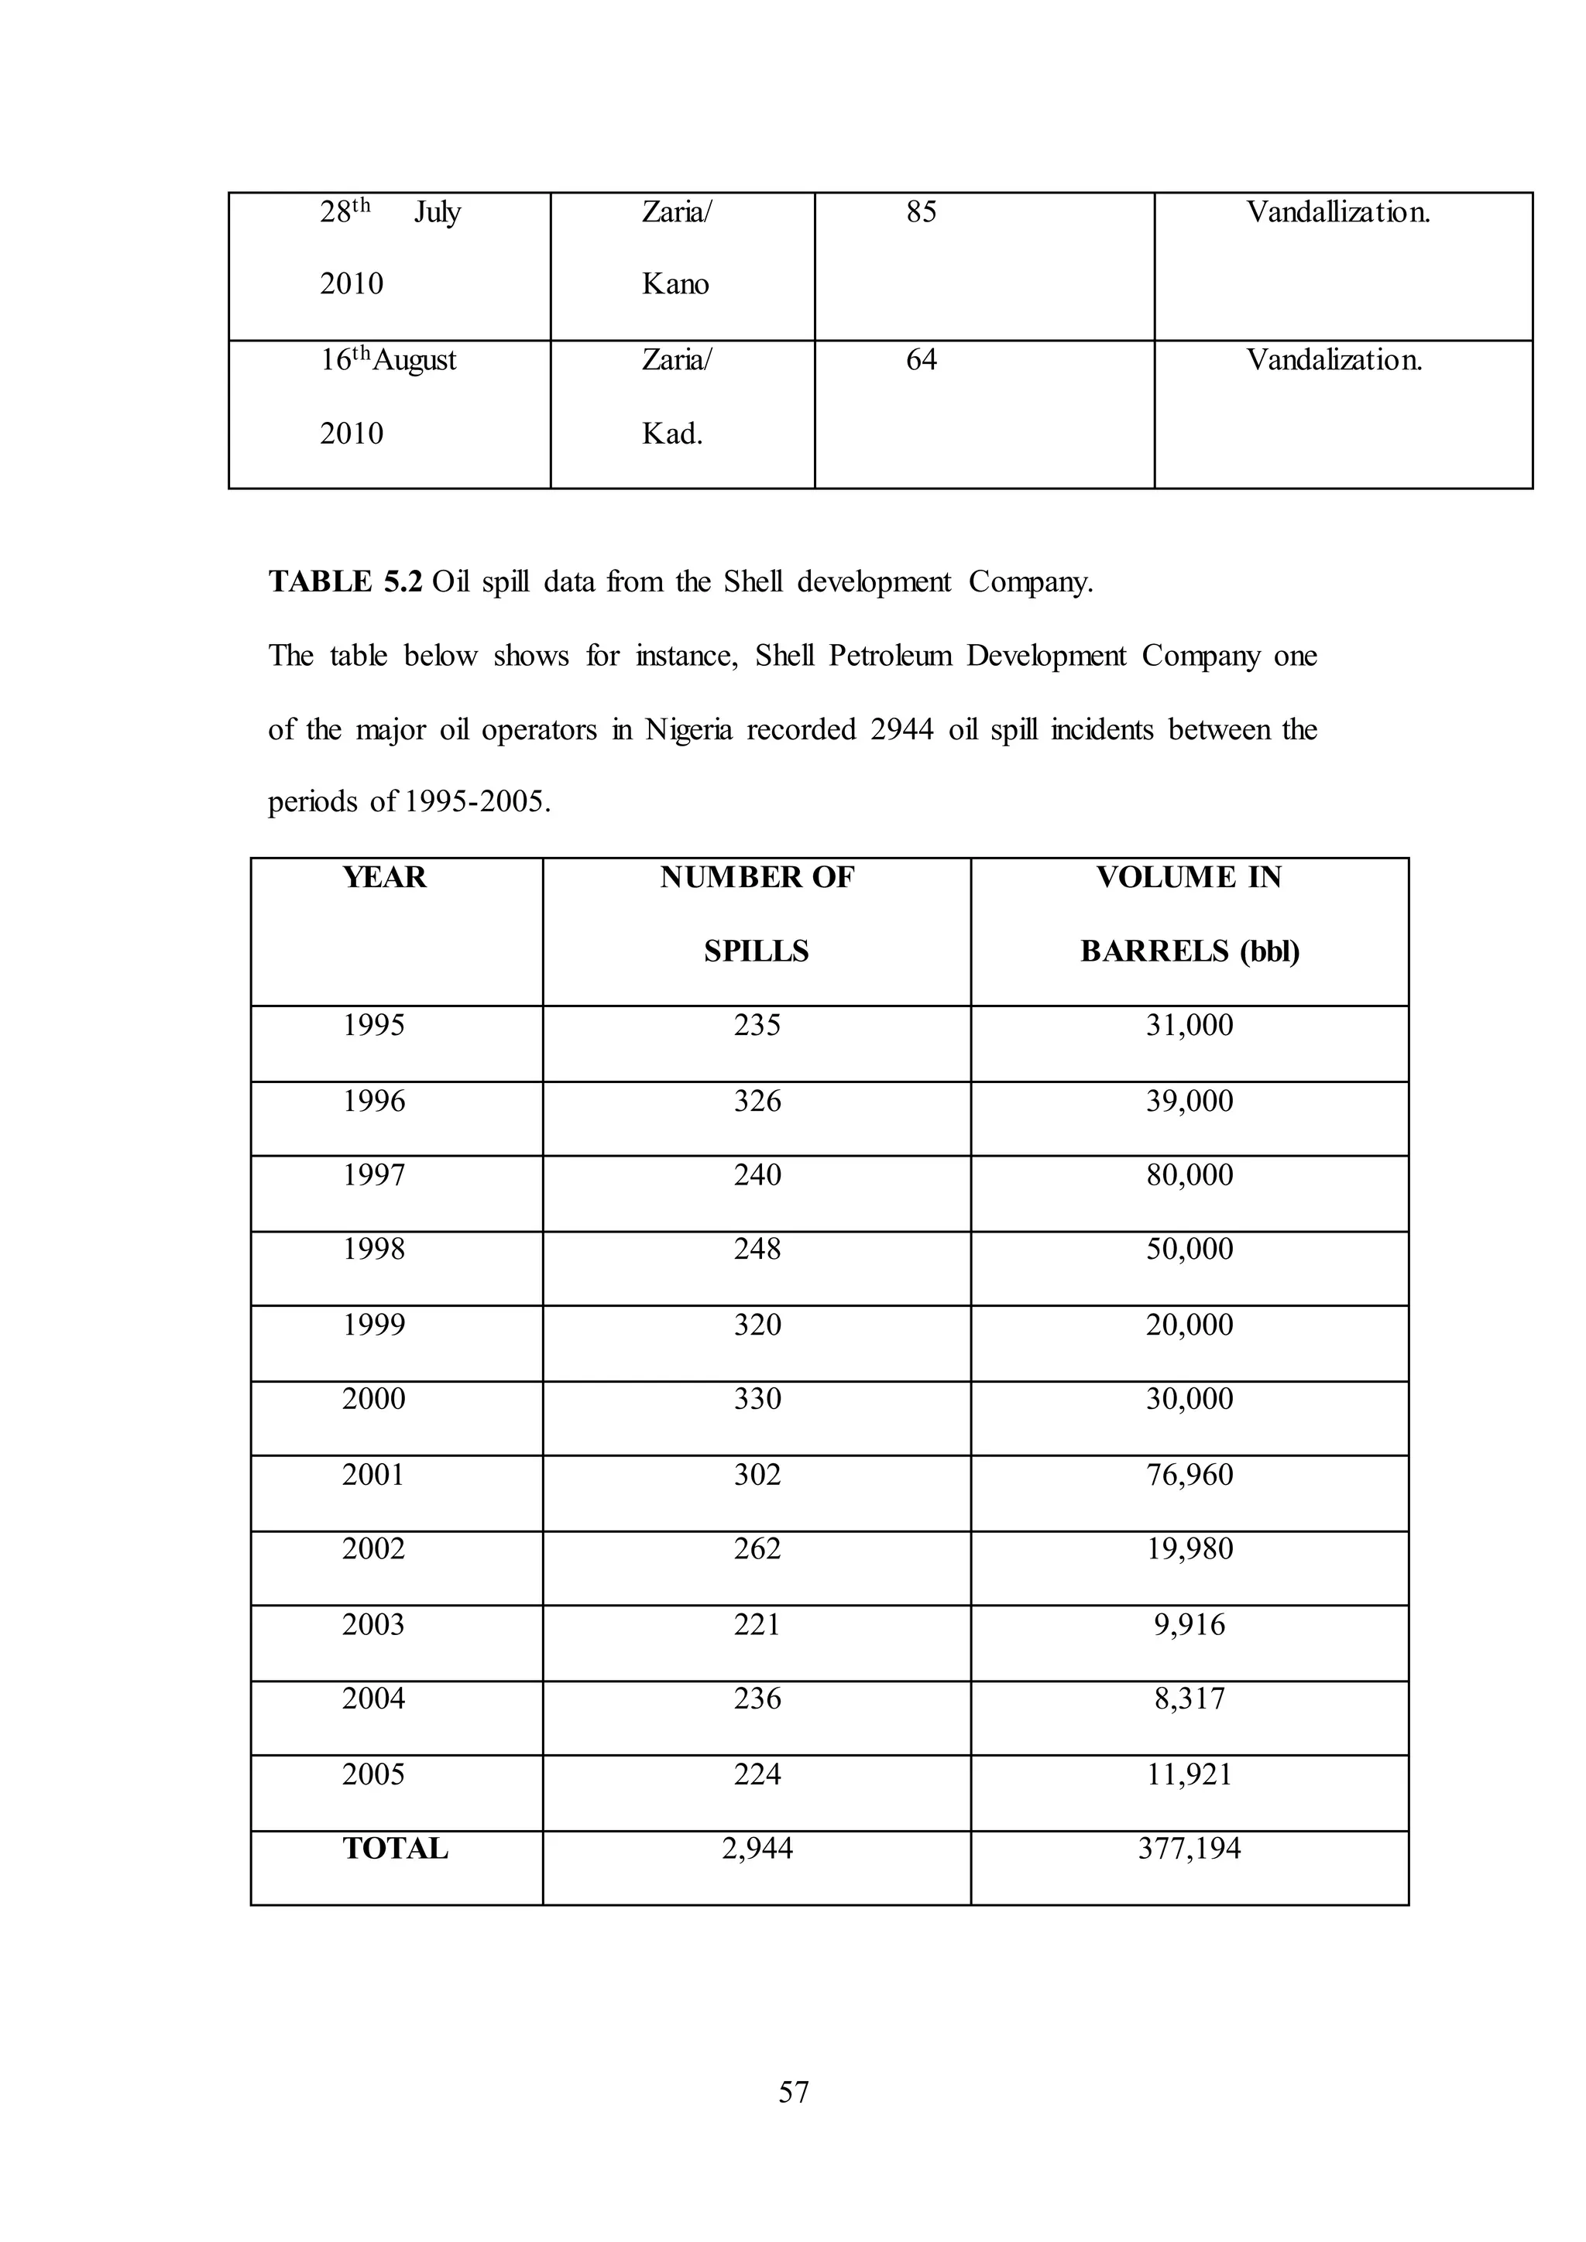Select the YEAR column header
pos(385,877)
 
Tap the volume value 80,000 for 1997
pos(1189,1174)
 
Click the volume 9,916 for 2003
pos(1189,1624)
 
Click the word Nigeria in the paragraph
pos(688,729)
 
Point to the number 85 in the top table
pos(921,212)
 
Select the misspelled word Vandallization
pos(1338,212)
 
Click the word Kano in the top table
pos(675,284)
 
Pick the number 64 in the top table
pos(921,360)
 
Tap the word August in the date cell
pos(415,360)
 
